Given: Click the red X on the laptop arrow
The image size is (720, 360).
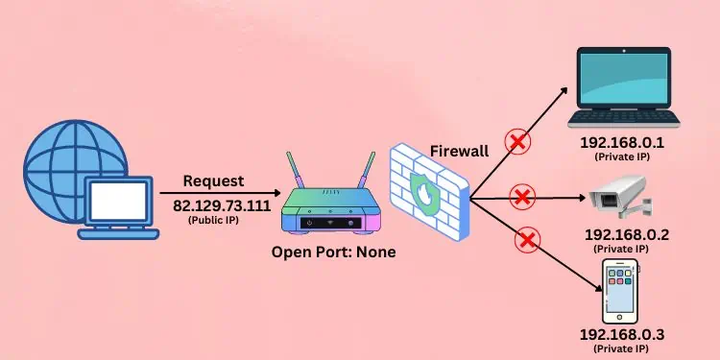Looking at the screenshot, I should [x=518, y=143].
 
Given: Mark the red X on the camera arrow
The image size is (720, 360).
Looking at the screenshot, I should [x=522, y=198].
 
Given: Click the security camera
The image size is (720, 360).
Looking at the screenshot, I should [x=622, y=197].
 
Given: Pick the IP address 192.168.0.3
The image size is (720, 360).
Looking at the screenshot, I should [x=622, y=334].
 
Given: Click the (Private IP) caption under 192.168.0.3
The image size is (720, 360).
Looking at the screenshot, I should [x=622, y=349].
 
